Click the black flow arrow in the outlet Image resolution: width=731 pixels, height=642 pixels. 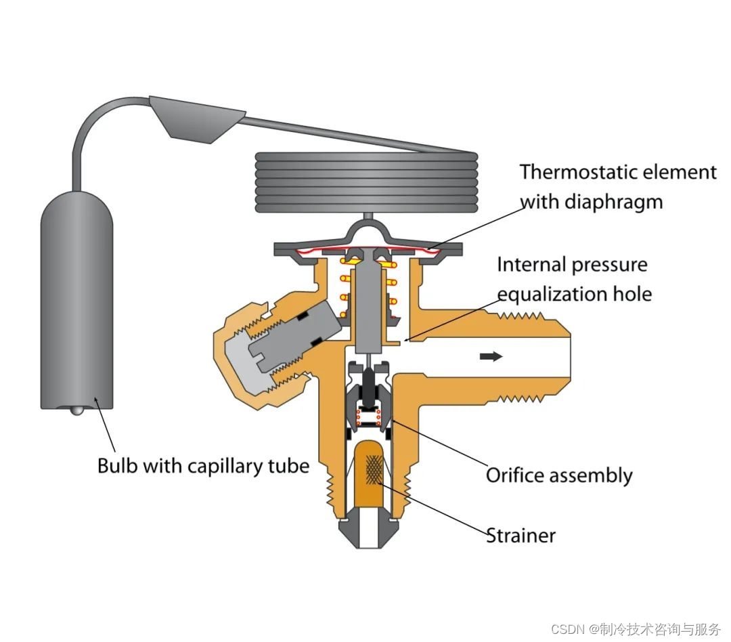tap(491, 356)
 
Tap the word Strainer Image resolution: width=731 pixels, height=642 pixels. tap(521, 536)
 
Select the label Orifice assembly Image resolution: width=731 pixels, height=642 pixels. tap(559, 475)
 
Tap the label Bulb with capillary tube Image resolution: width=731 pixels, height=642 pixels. tap(203, 466)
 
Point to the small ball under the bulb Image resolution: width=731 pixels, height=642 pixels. tap(76, 410)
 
